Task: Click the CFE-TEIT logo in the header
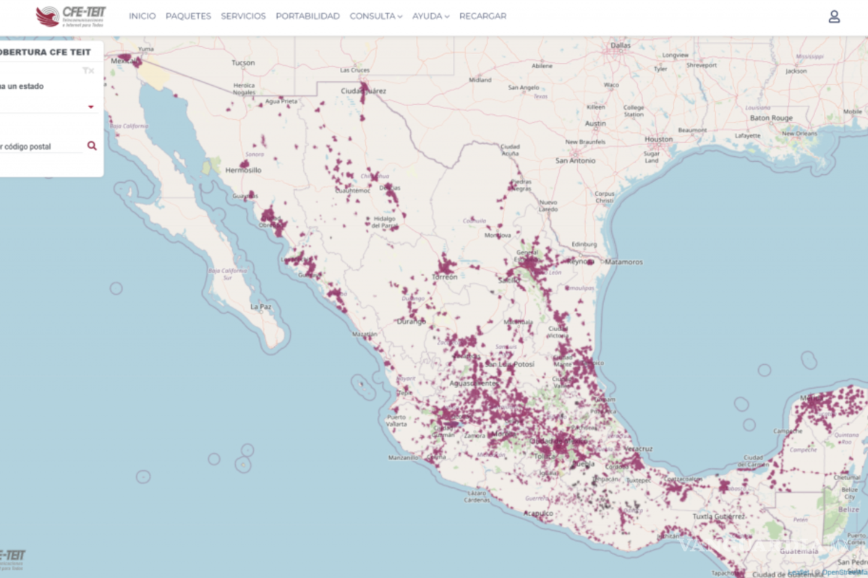coord(70,16)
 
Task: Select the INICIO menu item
coord(142,16)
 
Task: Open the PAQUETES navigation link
coord(188,16)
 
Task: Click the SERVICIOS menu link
coord(243,16)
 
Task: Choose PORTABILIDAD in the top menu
coord(307,16)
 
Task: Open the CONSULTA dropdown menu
coord(375,16)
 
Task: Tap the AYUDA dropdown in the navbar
coord(430,16)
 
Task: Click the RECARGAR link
coord(482,16)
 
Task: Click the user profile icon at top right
coord(834,17)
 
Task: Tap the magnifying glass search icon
coord(92,145)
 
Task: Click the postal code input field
coord(40,147)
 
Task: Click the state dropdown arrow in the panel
coord(91,107)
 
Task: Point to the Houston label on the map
coord(658,139)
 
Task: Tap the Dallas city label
coord(621,45)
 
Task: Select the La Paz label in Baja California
coord(260,307)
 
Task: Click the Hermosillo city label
coord(243,171)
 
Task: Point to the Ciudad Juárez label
coord(363,92)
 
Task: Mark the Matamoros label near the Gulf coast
coord(624,262)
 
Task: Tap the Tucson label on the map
coord(243,63)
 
